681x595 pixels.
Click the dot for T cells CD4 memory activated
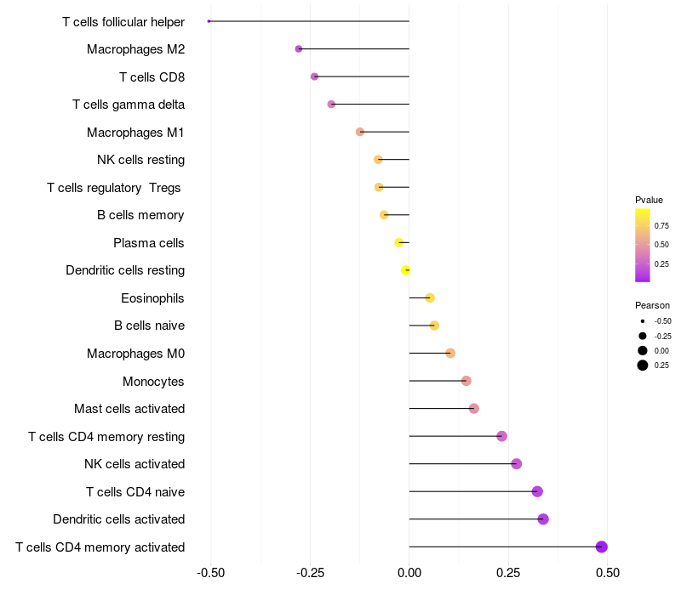pos(602,547)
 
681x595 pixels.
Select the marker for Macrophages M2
pos(299,49)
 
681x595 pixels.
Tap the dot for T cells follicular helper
pos(209,21)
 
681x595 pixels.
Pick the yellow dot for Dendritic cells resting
pos(406,270)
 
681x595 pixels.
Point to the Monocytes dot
pos(466,381)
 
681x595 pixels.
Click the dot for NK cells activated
pos(517,464)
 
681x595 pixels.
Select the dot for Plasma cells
pos(399,243)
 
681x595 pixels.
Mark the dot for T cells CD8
pos(314,76)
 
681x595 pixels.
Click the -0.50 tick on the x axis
pos(210,573)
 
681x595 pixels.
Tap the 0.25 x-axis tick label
pos(508,573)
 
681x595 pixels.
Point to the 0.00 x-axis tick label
pos(409,573)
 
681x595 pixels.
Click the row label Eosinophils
pos(152,298)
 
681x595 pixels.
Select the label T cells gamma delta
pos(129,105)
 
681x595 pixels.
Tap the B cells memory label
pos(140,215)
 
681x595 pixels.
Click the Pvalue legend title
pos(649,200)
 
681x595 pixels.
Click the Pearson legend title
pos(652,305)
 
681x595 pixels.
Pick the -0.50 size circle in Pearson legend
pos(642,321)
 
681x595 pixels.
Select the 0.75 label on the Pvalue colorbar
pos(661,226)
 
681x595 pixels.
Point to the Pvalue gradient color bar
pos(643,245)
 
